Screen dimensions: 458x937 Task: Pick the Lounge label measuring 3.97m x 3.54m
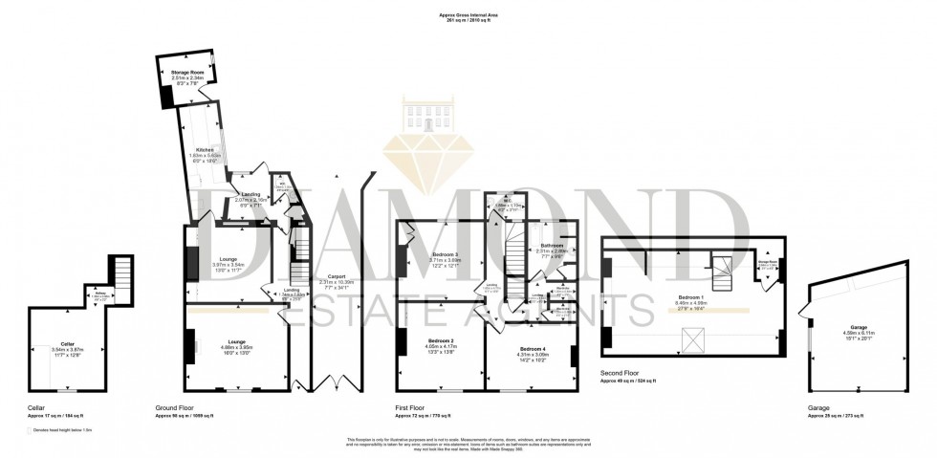(x=229, y=259)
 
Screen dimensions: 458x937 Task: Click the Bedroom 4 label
(x=534, y=350)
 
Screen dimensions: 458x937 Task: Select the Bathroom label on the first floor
(x=553, y=246)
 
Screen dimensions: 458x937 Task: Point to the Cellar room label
(x=67, y=343)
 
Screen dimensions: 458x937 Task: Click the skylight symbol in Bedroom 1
(x=688, y=336)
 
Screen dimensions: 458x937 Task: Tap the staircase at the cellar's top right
(x=120, y=269)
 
